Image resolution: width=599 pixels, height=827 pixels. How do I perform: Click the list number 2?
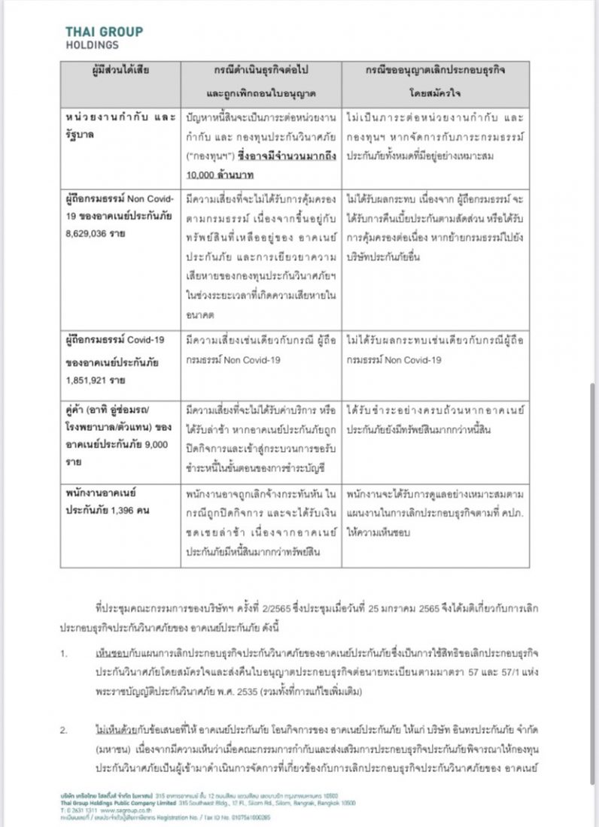[64, 730]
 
